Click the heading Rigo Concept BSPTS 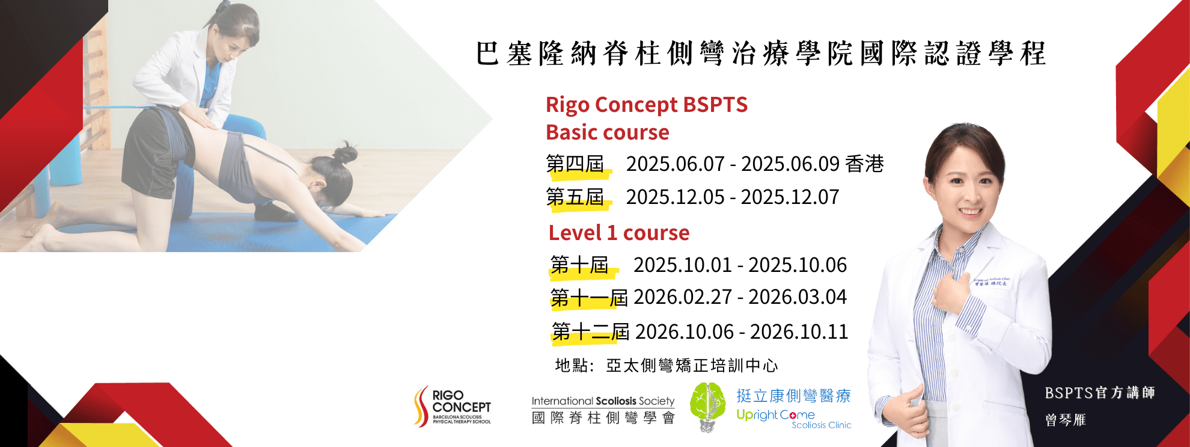coord(647,105)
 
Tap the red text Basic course coord(607,132)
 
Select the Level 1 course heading coord(619,233)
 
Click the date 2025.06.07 coord(676,164)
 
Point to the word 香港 coord(864,164)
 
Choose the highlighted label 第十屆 coord(580,265)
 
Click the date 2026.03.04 coord(798,297)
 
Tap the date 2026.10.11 coord(799,331)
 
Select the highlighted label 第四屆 coord(575,164)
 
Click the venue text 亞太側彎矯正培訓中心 coord(692,365)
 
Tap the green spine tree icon coord(707,407)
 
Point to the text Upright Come coord(775,415)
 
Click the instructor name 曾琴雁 coord(1066,420)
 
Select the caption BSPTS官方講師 coord(1100,393)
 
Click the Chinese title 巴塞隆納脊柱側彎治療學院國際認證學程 coord(761,54)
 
